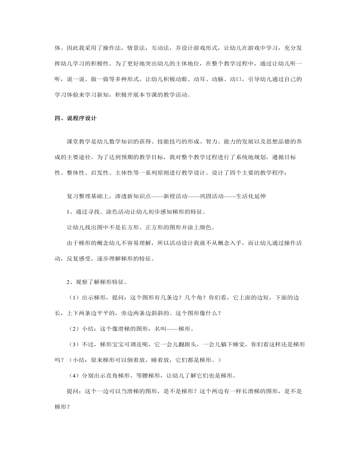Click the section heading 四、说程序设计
pos(75,118)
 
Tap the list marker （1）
pos(75,297)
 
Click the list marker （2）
pos(75,329)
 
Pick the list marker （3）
pos(75,345)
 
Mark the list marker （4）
pos(75,375)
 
